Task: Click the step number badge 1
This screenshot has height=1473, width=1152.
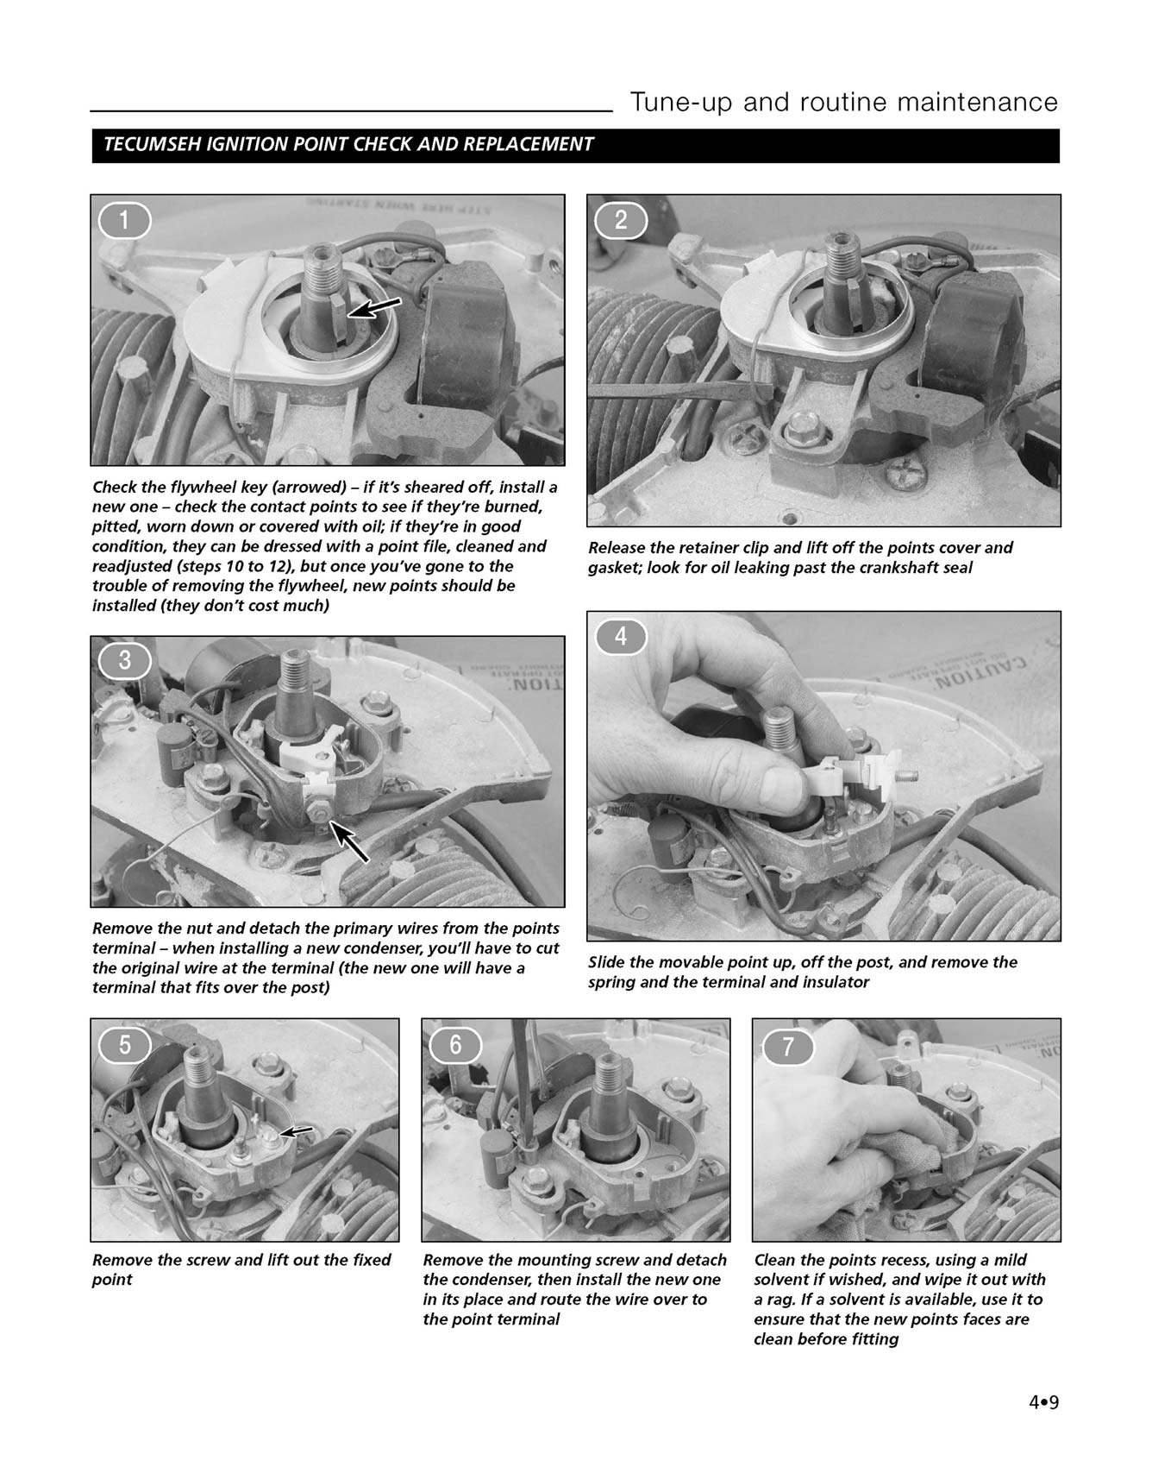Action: tap(124, 221)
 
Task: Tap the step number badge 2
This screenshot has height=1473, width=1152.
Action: tap(621, 221)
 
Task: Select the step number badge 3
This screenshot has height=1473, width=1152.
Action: tap(124, 662)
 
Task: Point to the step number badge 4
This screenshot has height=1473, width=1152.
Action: tap(621, 637)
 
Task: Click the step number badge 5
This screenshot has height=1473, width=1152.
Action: tap(124, 1044)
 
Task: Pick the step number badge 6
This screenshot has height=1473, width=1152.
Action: tap(455, 1044)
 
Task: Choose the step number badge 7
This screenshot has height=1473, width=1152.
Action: tap(786, 1046)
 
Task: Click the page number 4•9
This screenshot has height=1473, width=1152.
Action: tap(1042, 1401)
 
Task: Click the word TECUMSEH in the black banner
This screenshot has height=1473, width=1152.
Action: tap(152, 145)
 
